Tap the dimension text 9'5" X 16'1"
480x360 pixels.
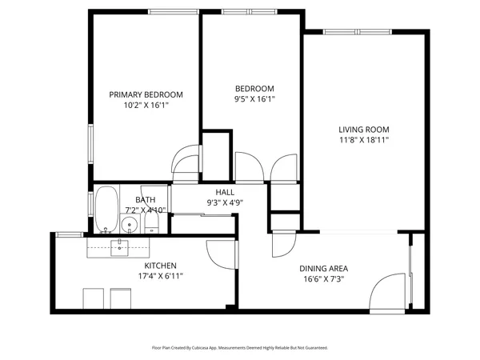tap(254, 99)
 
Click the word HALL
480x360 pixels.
tap(225, 192)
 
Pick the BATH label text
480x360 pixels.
tap(145, 200)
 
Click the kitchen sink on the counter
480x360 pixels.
tap(120, 245)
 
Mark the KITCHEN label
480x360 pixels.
tap(160, 266)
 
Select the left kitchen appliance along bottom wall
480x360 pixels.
tap(94, 298)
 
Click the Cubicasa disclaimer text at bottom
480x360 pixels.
tap(239, 348)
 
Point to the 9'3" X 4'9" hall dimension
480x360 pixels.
tap(225, 202)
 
